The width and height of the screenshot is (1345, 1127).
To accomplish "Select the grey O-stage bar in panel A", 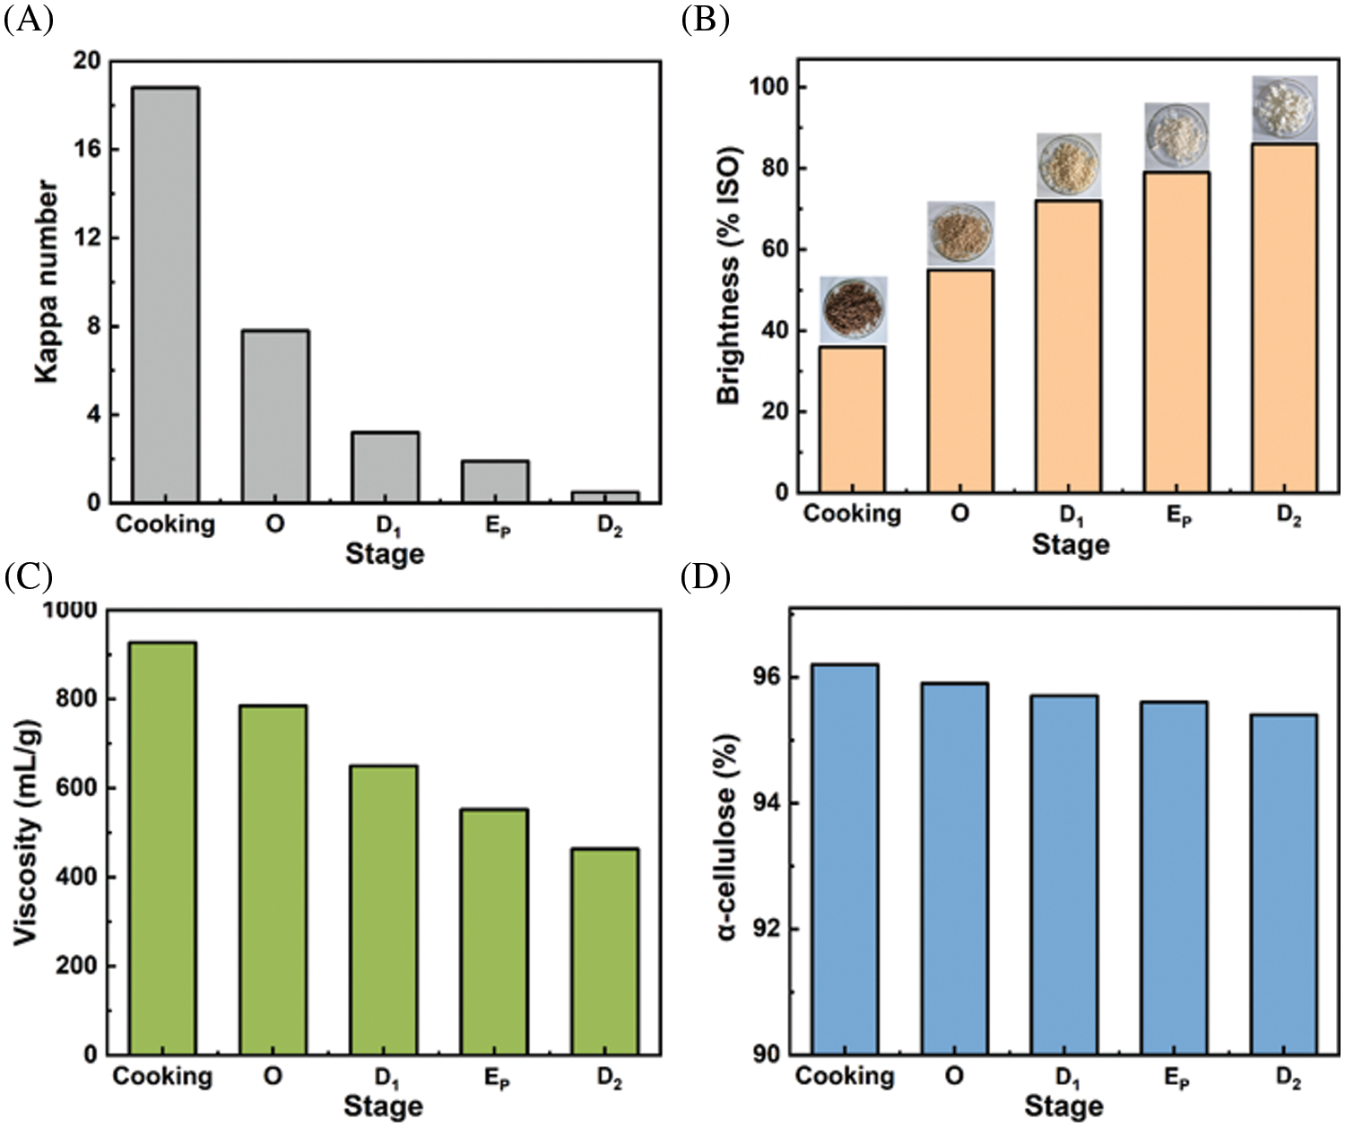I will coord(275,416).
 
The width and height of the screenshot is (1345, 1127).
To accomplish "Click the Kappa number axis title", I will coord(47,282).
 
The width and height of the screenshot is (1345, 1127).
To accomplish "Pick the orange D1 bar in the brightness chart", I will coord(1069,346).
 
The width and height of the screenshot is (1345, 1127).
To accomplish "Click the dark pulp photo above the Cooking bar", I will coord(853,308).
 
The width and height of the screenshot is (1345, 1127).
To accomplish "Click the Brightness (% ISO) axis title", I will coord(728,274).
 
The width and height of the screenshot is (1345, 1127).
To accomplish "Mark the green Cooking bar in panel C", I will coord(163,847).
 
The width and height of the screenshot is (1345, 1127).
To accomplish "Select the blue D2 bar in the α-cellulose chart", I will coord(1284,883).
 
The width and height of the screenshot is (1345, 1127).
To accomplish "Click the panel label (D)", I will coord(705,577).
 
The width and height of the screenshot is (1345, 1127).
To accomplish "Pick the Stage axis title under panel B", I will coord(1070,544).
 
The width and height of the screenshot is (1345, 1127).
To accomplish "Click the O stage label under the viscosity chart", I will coord(273,1076).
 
